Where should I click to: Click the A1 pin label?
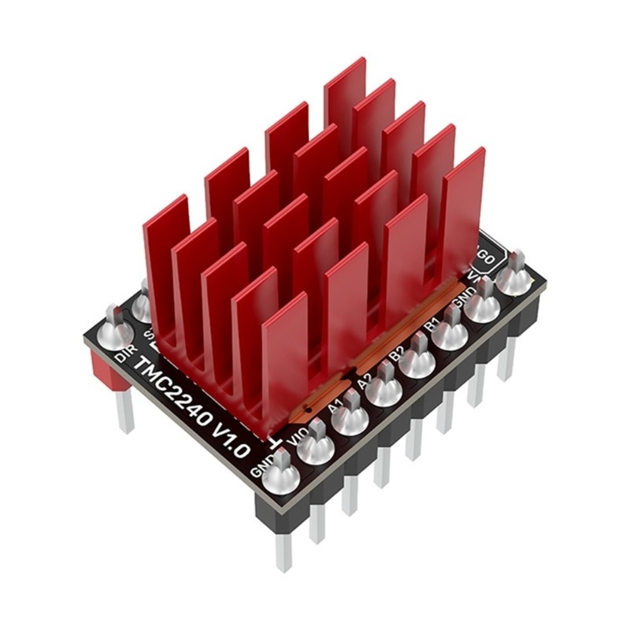335,407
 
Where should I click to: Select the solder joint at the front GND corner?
281,477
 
